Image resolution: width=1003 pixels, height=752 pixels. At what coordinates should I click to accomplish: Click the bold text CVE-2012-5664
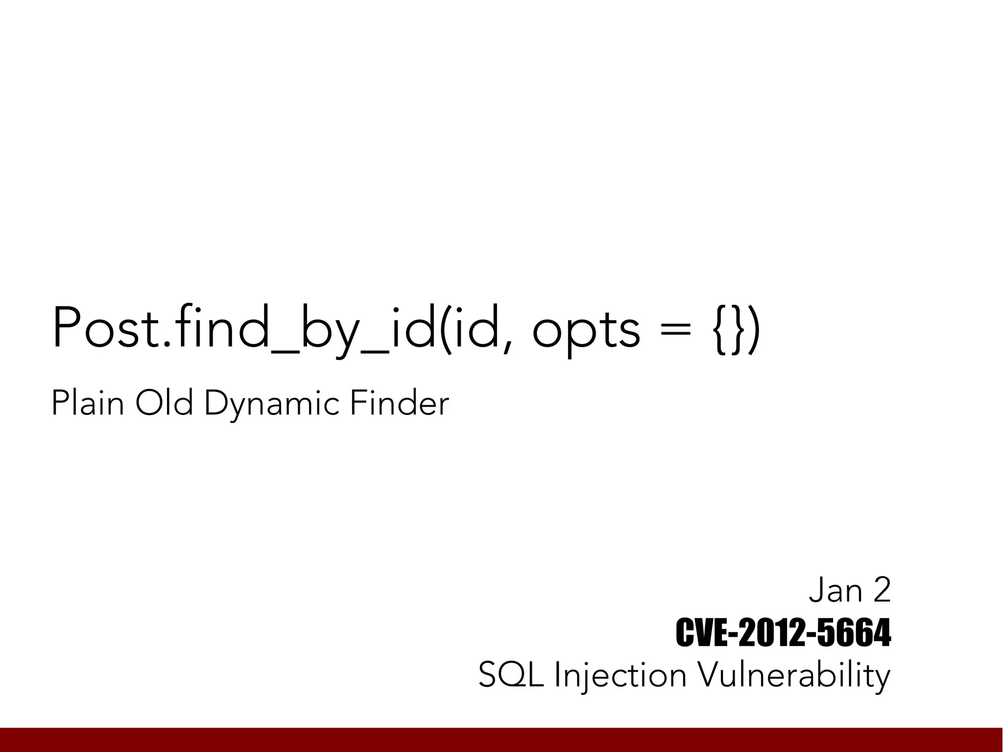coord(783,633)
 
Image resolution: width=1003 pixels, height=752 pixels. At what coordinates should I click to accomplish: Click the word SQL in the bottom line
coord(511,676)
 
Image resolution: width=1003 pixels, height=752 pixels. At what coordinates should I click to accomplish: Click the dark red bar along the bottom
coord(501,740)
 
